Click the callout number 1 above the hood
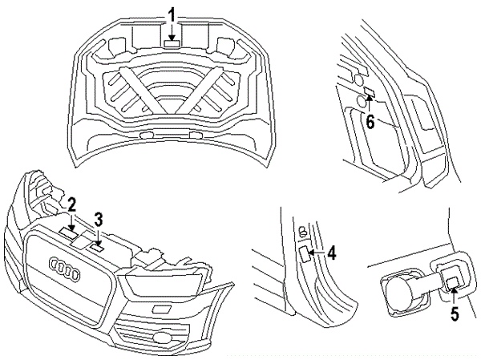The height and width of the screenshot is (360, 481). (172, 14)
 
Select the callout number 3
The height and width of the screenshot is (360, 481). (99, 218)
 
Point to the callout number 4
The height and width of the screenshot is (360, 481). (331, 253)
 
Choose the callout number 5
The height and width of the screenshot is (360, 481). (454, 315)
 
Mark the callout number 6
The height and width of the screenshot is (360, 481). (370, 121)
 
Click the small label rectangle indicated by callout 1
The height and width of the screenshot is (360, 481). (172, 44)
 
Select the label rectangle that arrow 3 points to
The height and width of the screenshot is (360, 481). (97, 248)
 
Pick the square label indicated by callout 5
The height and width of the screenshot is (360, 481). (452, 280)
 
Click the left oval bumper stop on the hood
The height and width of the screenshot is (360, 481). (146, 137)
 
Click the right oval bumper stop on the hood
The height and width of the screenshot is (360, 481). (196, 135)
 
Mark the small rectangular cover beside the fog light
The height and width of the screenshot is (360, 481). (160, 309)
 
